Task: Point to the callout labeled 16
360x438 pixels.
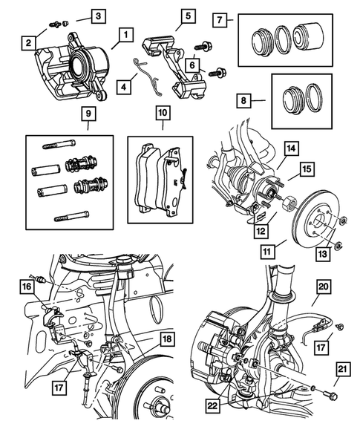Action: tap(27, 286)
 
